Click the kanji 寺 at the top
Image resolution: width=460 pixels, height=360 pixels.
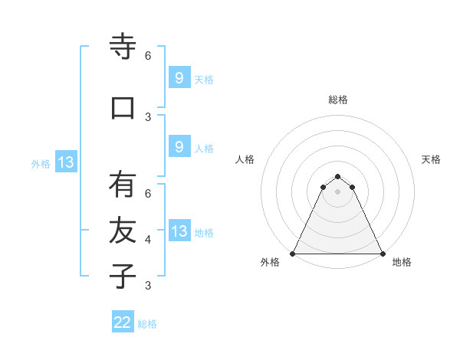tap(123, 47)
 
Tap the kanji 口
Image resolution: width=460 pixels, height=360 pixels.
tap(123, 107)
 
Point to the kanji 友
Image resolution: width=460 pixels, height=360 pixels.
tap(123, 230)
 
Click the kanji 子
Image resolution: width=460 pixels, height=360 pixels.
tap(123, 276)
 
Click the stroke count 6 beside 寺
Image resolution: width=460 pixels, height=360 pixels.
tap(148, 56)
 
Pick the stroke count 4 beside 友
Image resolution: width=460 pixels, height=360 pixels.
tap(148, 240)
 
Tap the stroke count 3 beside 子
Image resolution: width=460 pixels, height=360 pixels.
tap(148, 286)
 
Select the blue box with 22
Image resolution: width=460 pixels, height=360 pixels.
tap(123, 322)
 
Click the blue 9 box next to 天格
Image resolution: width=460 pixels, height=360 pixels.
tap(179, 78)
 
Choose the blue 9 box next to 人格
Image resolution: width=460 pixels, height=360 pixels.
tap(179, 147)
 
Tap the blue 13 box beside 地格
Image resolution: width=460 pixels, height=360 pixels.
tap(179, 231)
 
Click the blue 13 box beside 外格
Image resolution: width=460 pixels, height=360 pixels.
tap(66, 162)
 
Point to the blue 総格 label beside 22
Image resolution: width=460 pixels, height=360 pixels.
tap(147, 324)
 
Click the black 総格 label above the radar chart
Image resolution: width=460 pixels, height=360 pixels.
tap(337, 100)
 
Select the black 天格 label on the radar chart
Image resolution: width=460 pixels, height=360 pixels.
tap(431, 159)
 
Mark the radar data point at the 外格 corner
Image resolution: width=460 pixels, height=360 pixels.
tap(293, 254)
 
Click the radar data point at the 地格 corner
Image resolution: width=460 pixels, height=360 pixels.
tap(382, 254)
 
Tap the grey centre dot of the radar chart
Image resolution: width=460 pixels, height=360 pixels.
tap(337, 191)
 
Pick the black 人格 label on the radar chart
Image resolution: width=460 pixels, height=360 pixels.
tap(245, 159)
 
